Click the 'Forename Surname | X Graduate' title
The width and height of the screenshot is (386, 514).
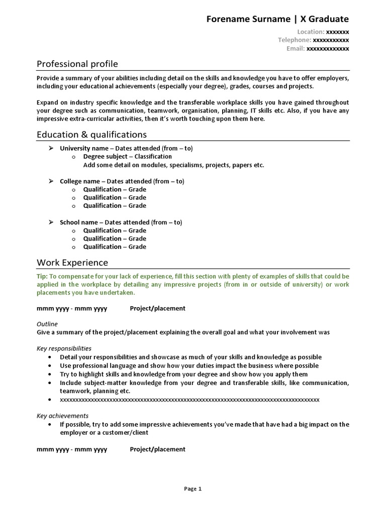277,19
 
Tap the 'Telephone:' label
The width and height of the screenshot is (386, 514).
295,40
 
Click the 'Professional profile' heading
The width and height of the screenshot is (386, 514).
77,64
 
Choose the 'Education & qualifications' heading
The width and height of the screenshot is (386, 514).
92,135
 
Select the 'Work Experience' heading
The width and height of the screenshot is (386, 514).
72,263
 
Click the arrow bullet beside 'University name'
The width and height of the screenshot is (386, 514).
51,149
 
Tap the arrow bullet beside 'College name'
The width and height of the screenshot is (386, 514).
51,181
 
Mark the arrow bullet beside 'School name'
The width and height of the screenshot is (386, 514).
51,222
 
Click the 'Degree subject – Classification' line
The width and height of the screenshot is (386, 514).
127,157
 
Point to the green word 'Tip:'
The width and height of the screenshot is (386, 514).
42,277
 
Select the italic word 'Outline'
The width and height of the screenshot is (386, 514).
47,324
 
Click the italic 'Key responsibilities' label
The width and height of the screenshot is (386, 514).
64,348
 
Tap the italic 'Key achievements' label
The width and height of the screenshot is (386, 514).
62,416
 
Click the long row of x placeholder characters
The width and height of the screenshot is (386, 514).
189,400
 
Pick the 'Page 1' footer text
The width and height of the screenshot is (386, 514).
192,488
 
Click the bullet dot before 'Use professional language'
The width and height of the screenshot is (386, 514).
51,366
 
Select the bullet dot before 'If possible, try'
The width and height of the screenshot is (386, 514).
51,424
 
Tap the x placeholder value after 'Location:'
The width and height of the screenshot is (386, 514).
338,32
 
